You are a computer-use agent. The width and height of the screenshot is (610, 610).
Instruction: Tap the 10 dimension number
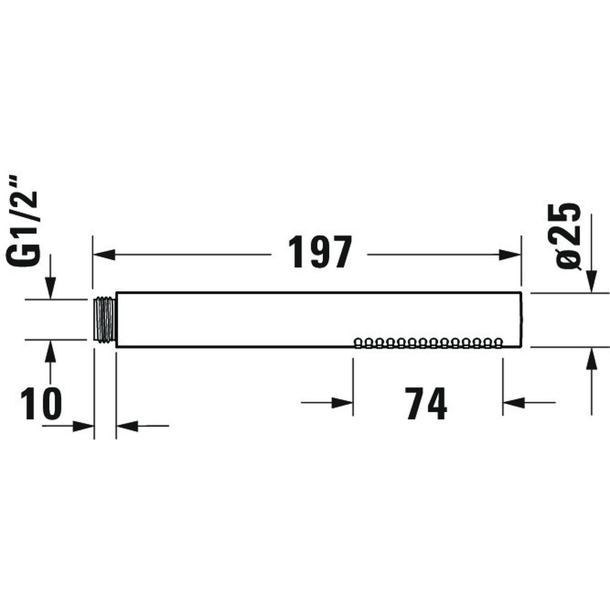coord(41,404)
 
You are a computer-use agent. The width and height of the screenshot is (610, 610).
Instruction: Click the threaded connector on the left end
coord(105,320)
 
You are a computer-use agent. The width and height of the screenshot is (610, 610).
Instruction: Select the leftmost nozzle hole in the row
coord(358,343)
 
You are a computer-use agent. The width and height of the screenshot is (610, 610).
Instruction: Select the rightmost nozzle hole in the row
coord(498,343)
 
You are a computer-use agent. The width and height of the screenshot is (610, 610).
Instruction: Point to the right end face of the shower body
coord(521,320)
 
